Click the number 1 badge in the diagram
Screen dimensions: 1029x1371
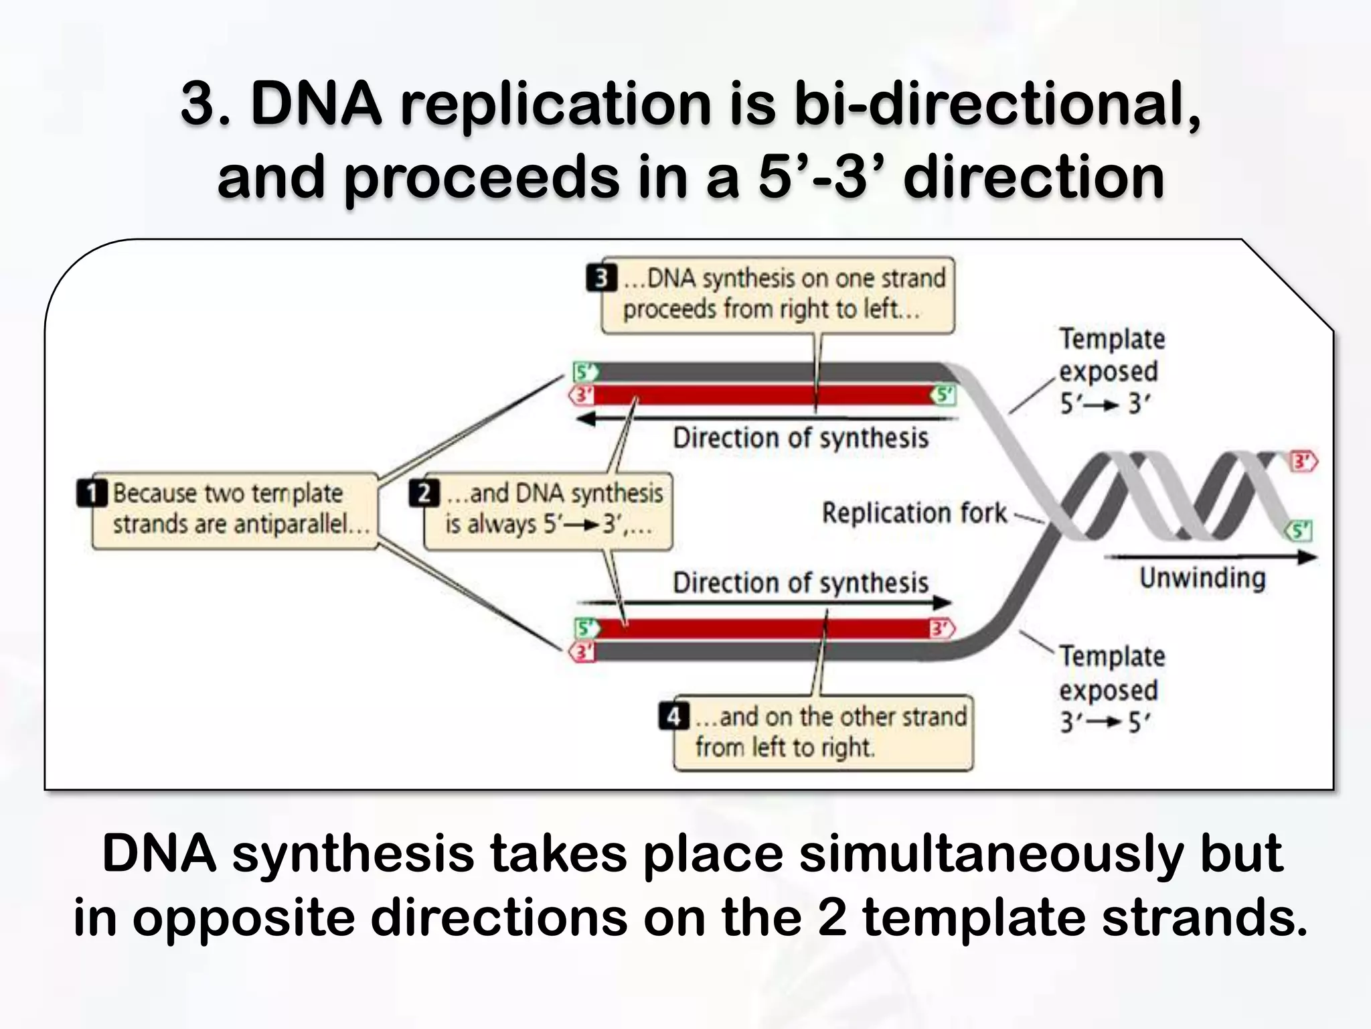coord(92,492)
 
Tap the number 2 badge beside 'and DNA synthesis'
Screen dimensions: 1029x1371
coord(424,493)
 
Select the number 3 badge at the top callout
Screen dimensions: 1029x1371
coord(601,278)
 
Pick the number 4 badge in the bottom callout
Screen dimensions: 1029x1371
coord(673,716)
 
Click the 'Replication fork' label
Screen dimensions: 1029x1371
coord(914,512)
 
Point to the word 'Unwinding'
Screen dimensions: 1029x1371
coord(1202,577)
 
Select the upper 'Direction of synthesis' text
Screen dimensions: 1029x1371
coord(801,438)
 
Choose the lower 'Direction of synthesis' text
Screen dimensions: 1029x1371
coord(801,583)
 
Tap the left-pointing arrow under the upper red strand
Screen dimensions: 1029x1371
coord(763,419)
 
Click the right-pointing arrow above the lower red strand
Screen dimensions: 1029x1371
coord(763,602)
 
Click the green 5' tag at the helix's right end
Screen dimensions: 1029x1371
coord(1299,531)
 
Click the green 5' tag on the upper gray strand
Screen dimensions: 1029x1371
coord(585,371)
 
